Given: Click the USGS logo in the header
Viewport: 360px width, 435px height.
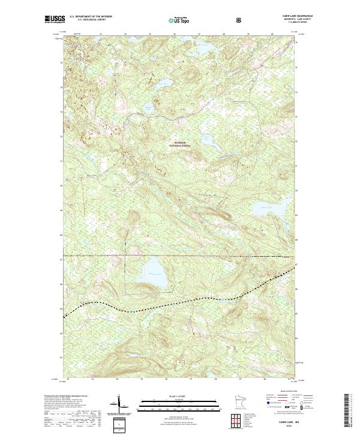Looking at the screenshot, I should pyautogui.click(x=54, y=20).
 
